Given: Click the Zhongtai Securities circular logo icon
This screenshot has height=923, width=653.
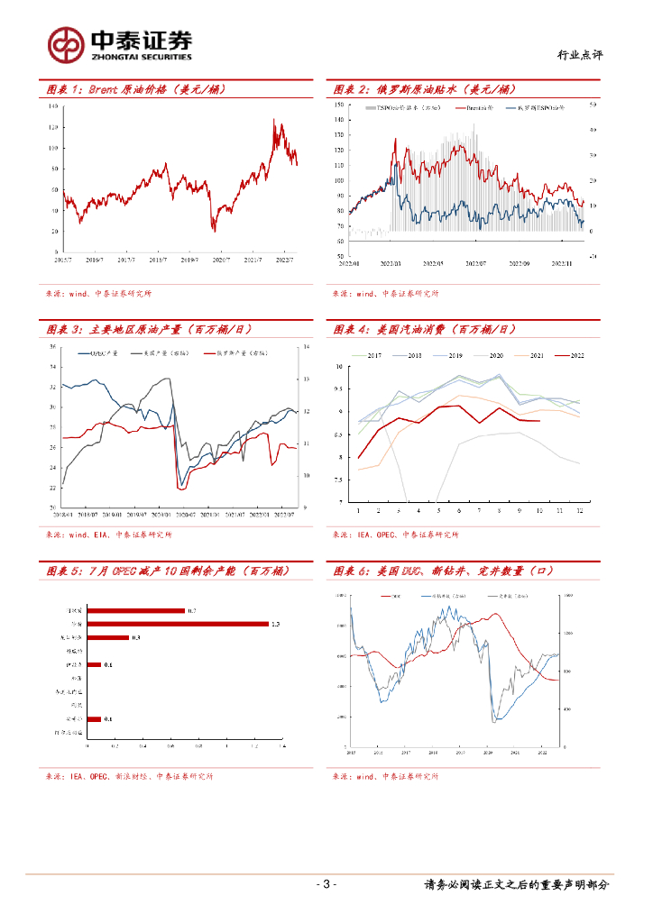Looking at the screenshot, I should [65, 44].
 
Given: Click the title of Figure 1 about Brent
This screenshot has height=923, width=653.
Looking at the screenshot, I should [135, 89].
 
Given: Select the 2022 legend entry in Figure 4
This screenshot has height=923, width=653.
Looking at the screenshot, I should [570, 355].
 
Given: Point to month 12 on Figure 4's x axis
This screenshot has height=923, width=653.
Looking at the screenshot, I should [578, 510].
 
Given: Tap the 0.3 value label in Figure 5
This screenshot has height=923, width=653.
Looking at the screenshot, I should [136, 637].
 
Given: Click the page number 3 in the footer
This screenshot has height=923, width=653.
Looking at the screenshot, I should [326, 884].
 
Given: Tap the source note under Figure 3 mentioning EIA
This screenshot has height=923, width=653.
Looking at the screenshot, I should [99, 535].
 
